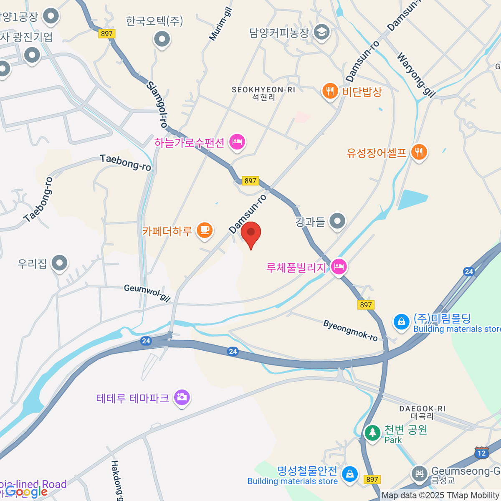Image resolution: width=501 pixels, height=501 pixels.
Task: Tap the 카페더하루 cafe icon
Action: click(x=205, y=230)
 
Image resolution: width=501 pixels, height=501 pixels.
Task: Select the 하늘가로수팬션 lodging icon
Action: click(x=237, y=142)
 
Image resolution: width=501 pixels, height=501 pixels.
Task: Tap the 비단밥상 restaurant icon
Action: click(x=330, y=91)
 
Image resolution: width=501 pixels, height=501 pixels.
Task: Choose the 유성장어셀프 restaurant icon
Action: click(x=419, y=152)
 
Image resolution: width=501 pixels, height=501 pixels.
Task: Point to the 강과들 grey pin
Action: click(x=337, y=221)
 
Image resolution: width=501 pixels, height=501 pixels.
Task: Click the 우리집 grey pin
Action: click(x=59, y=263)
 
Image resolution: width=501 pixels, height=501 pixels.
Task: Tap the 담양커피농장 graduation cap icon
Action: click(x=321, y=32)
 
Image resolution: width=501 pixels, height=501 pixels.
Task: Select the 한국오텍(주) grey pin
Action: click(x=162, y=40)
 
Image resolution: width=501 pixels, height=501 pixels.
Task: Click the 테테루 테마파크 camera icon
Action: click(x=182, y=397)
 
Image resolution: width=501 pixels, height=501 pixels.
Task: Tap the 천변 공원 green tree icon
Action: click(x=372, y=433)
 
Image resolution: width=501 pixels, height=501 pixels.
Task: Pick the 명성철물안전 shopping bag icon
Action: click(x=349, y=474)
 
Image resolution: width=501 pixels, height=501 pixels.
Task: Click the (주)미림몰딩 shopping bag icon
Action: click(x=401, y=322)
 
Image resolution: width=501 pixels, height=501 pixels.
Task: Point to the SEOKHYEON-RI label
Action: click(x=263, y=90)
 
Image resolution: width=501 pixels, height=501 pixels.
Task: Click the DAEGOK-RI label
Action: click(x=422, y=409)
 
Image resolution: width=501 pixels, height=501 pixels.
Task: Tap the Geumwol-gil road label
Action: click(x=147, y=293)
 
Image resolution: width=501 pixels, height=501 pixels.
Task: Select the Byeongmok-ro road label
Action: click(x=350, y=330)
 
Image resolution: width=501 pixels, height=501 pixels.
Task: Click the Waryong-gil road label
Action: click(x=416, y=75)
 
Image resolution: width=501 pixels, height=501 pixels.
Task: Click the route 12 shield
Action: click(x=482, y=453)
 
